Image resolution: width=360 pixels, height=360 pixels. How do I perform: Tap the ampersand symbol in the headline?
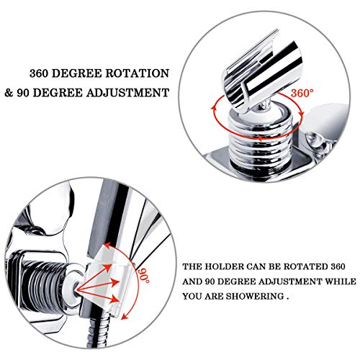[x=34, y=92]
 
